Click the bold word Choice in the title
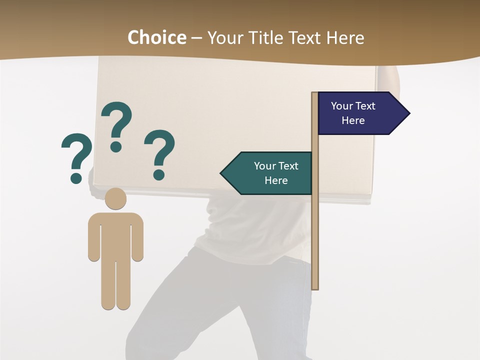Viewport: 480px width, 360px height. point(156,37)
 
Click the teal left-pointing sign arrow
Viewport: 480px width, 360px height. point(267,173)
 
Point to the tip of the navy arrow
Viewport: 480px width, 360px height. point(409,113)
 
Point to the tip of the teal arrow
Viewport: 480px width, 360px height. point(221,173)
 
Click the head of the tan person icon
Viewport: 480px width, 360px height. point(115,199)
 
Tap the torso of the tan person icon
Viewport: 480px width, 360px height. point(115,235)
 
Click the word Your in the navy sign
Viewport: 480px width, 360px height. point(342,106)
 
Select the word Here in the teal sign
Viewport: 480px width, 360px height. point(276,180)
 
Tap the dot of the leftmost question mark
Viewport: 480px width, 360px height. point(76,177)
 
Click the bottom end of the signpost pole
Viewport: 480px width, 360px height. point(315,287)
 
